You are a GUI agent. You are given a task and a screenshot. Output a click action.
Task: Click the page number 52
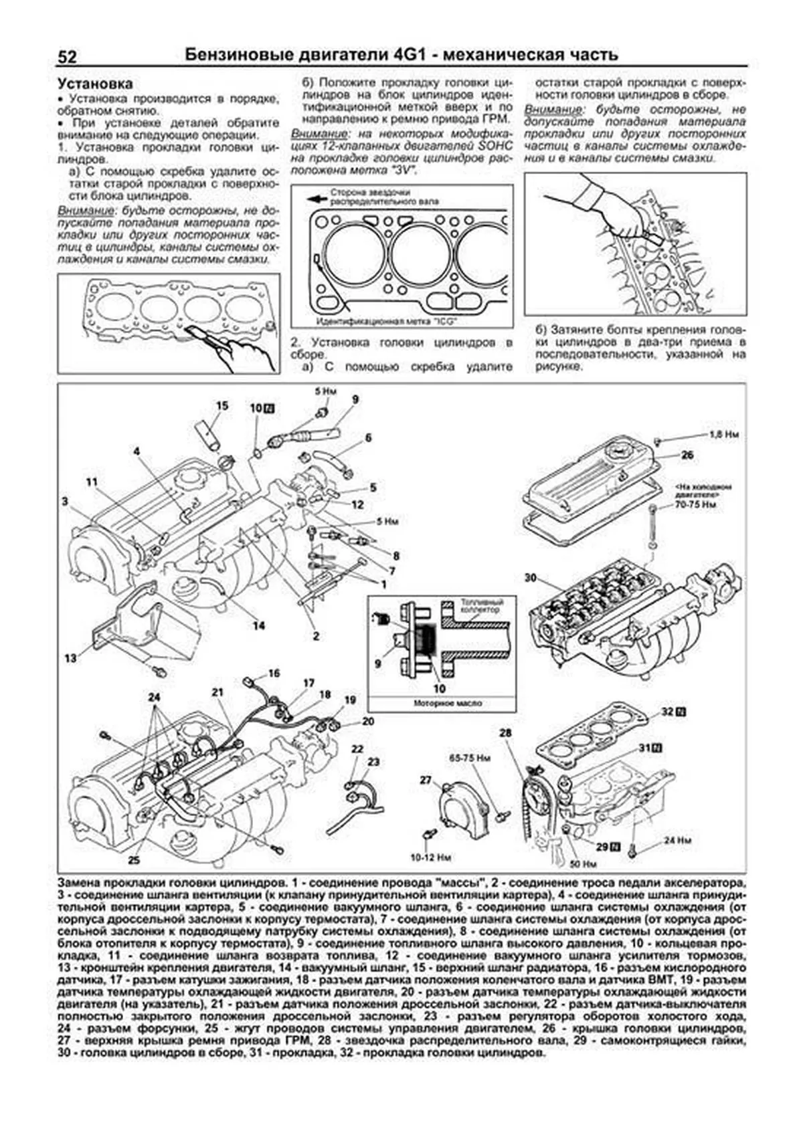coord(67,56)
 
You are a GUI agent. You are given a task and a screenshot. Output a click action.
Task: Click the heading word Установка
coord(94,84)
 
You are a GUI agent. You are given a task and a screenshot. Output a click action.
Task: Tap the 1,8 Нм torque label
coord(723,434)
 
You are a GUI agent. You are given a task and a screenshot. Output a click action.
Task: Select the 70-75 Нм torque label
coord(696,504)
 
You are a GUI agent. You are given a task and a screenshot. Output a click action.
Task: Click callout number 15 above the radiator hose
coord(221,405)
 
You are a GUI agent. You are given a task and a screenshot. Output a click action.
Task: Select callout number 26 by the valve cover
coord(687,455)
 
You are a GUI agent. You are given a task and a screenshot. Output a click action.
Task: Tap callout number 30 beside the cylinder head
coord(531,578)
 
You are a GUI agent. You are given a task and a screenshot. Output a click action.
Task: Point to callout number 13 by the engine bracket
coord(70,659)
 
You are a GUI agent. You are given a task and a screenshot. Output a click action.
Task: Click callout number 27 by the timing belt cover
coord(426,780)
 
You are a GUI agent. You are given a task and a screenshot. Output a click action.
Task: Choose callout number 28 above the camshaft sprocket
coord(505,733)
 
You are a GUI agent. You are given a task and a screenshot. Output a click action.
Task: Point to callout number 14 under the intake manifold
coord(258,625)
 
